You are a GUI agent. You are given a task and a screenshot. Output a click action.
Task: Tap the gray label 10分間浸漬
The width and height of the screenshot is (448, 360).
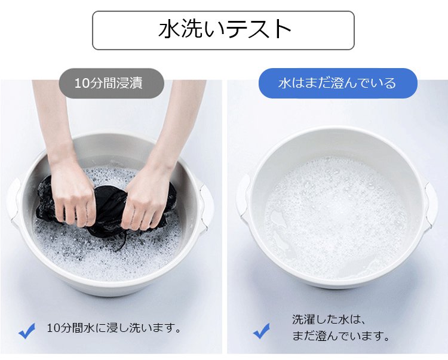(x=112, y=84)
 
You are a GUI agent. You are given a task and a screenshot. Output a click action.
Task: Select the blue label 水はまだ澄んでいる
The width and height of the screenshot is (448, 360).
(x=337, y=83)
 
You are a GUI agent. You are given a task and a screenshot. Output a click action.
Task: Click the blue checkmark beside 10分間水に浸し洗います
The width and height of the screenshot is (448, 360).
(x=27, y=331)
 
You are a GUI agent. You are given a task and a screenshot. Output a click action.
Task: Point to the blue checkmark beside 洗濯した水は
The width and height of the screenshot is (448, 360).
(x=262, y=331)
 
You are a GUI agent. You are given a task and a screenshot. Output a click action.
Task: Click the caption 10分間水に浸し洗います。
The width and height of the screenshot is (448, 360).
(x=114, y=328)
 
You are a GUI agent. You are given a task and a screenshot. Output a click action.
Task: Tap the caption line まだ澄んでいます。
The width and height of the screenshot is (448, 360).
(x=341, y=336)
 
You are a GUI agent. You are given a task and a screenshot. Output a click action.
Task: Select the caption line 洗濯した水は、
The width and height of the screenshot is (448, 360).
(x=329, y=319)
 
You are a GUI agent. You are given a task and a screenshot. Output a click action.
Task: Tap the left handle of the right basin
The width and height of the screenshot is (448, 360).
(x=243, y=197)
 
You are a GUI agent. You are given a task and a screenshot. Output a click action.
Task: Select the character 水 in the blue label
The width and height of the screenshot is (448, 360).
(x=284, y=83)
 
